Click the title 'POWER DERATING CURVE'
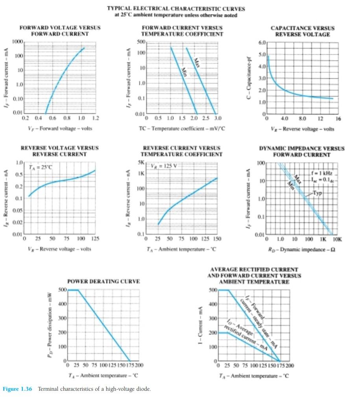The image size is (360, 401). coord(103,281)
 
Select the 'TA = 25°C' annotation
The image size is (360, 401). coord(41,167)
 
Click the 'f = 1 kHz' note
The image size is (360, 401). coord(321,173)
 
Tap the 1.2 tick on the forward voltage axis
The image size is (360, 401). coord(95,118)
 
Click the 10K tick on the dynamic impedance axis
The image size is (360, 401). coord(338,239)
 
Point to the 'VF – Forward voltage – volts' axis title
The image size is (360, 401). coord(60,128)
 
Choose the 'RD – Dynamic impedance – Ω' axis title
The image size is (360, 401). coord(301,249)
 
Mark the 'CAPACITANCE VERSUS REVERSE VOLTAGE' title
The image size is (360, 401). coord(302,31)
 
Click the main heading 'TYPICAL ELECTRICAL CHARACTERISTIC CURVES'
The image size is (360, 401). coord(176,9)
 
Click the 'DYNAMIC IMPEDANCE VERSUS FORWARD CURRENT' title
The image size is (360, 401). coord(301,152)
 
